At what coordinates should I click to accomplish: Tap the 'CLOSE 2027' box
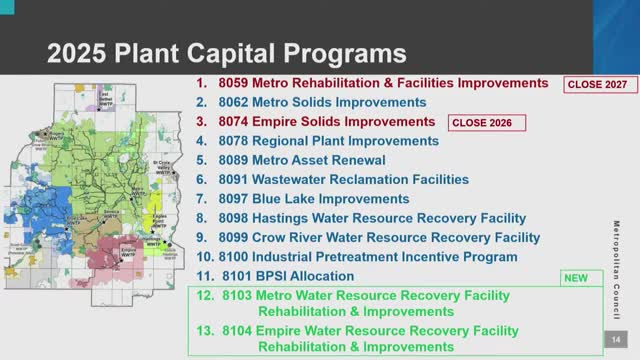tap(597, 85)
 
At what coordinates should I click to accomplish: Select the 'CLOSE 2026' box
tap(488, 123)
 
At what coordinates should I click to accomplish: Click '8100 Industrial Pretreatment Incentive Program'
tap(378, 256)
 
